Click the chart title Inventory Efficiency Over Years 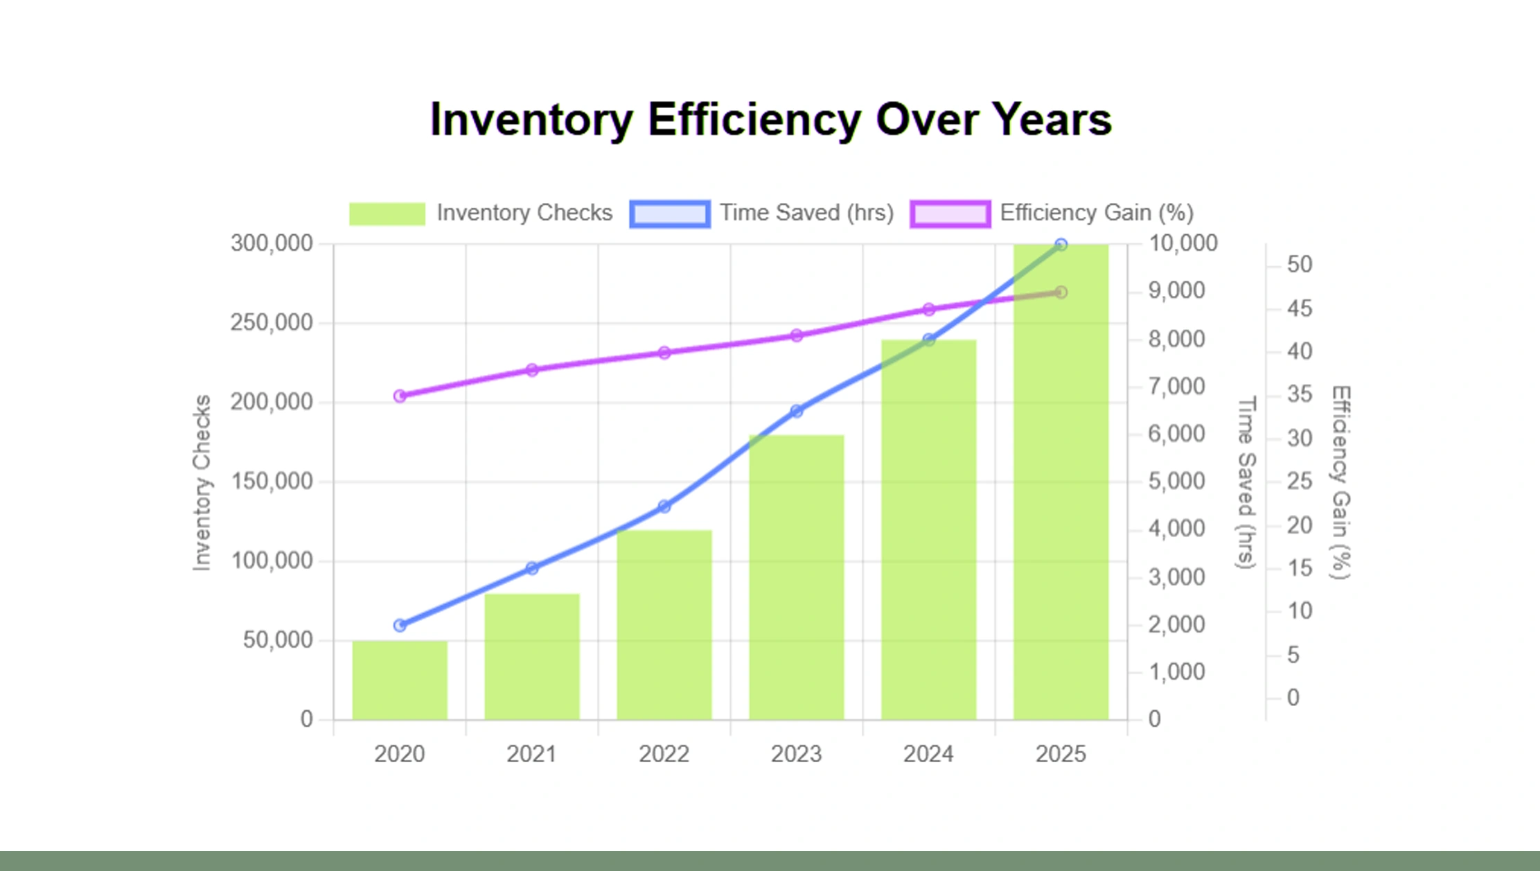[770, 119]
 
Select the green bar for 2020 [400, 680]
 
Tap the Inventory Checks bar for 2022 [664, 625]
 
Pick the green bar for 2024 [928, 529]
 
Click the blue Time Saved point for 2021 [532, 568]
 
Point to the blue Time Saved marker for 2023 [797, 411]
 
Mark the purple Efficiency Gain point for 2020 [400, 396]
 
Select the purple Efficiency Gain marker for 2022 [664, 353]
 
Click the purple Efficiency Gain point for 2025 [1061, 292]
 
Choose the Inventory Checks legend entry [481, 213]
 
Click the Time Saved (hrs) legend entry [762, 213]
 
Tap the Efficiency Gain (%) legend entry [1052, 213]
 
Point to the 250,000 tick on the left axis [272, 323]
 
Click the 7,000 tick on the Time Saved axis [1176, 387]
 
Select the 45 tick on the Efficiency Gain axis [1300, 308]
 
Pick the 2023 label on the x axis [796, 754]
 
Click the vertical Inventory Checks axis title [202, 483]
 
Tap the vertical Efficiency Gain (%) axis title [1341, 482]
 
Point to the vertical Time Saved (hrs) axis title [1246, 482]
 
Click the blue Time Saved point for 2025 [1061, 245]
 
